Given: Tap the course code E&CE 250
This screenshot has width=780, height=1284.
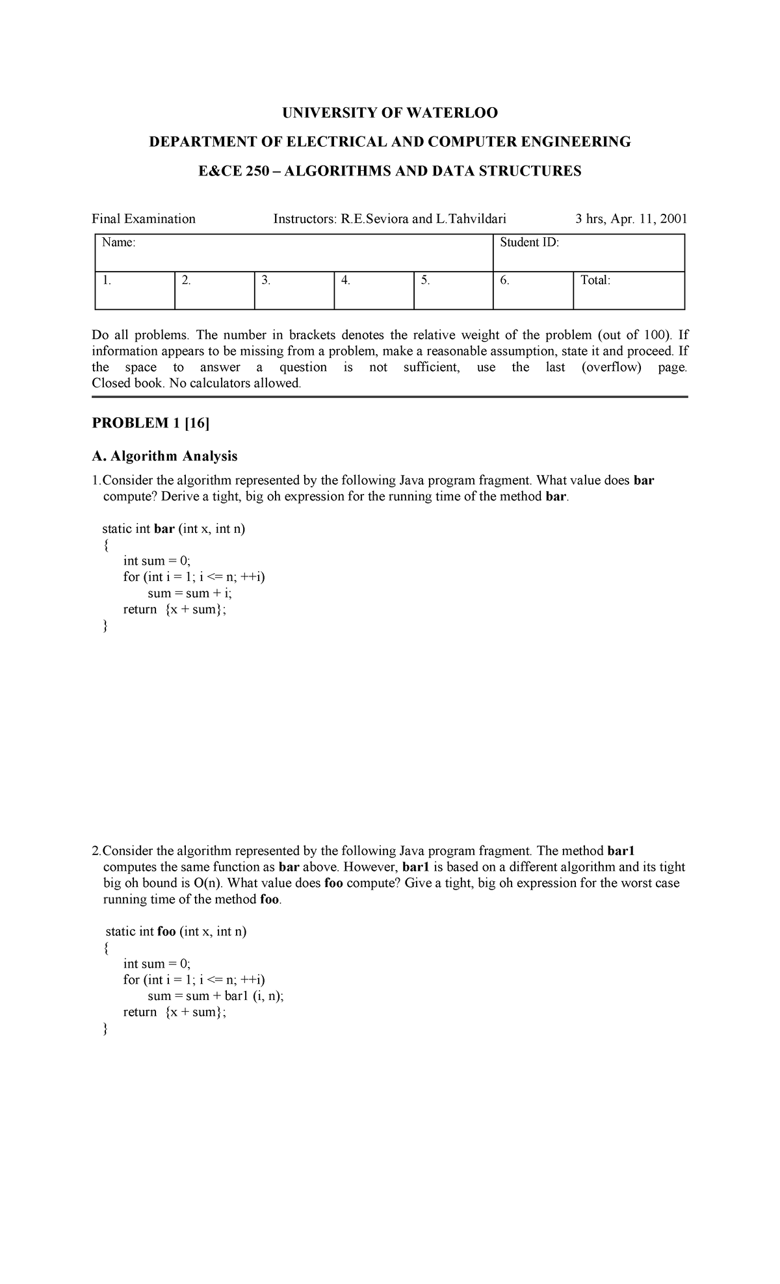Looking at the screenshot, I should tap(233, 171).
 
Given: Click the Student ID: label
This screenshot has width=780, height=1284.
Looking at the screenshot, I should tap(529, 243).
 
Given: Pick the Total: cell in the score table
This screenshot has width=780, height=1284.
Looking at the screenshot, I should tap(595, 281).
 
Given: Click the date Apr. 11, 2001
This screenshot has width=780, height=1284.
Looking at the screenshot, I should tap(646, 219).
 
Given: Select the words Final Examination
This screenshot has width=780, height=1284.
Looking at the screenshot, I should tap(144, 219).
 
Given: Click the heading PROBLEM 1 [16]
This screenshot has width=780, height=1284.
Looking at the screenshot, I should tap(151, 424).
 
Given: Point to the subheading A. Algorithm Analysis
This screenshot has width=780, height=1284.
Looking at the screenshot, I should tap(164, 456).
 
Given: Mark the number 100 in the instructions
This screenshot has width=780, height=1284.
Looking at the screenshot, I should tap(655, 335).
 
